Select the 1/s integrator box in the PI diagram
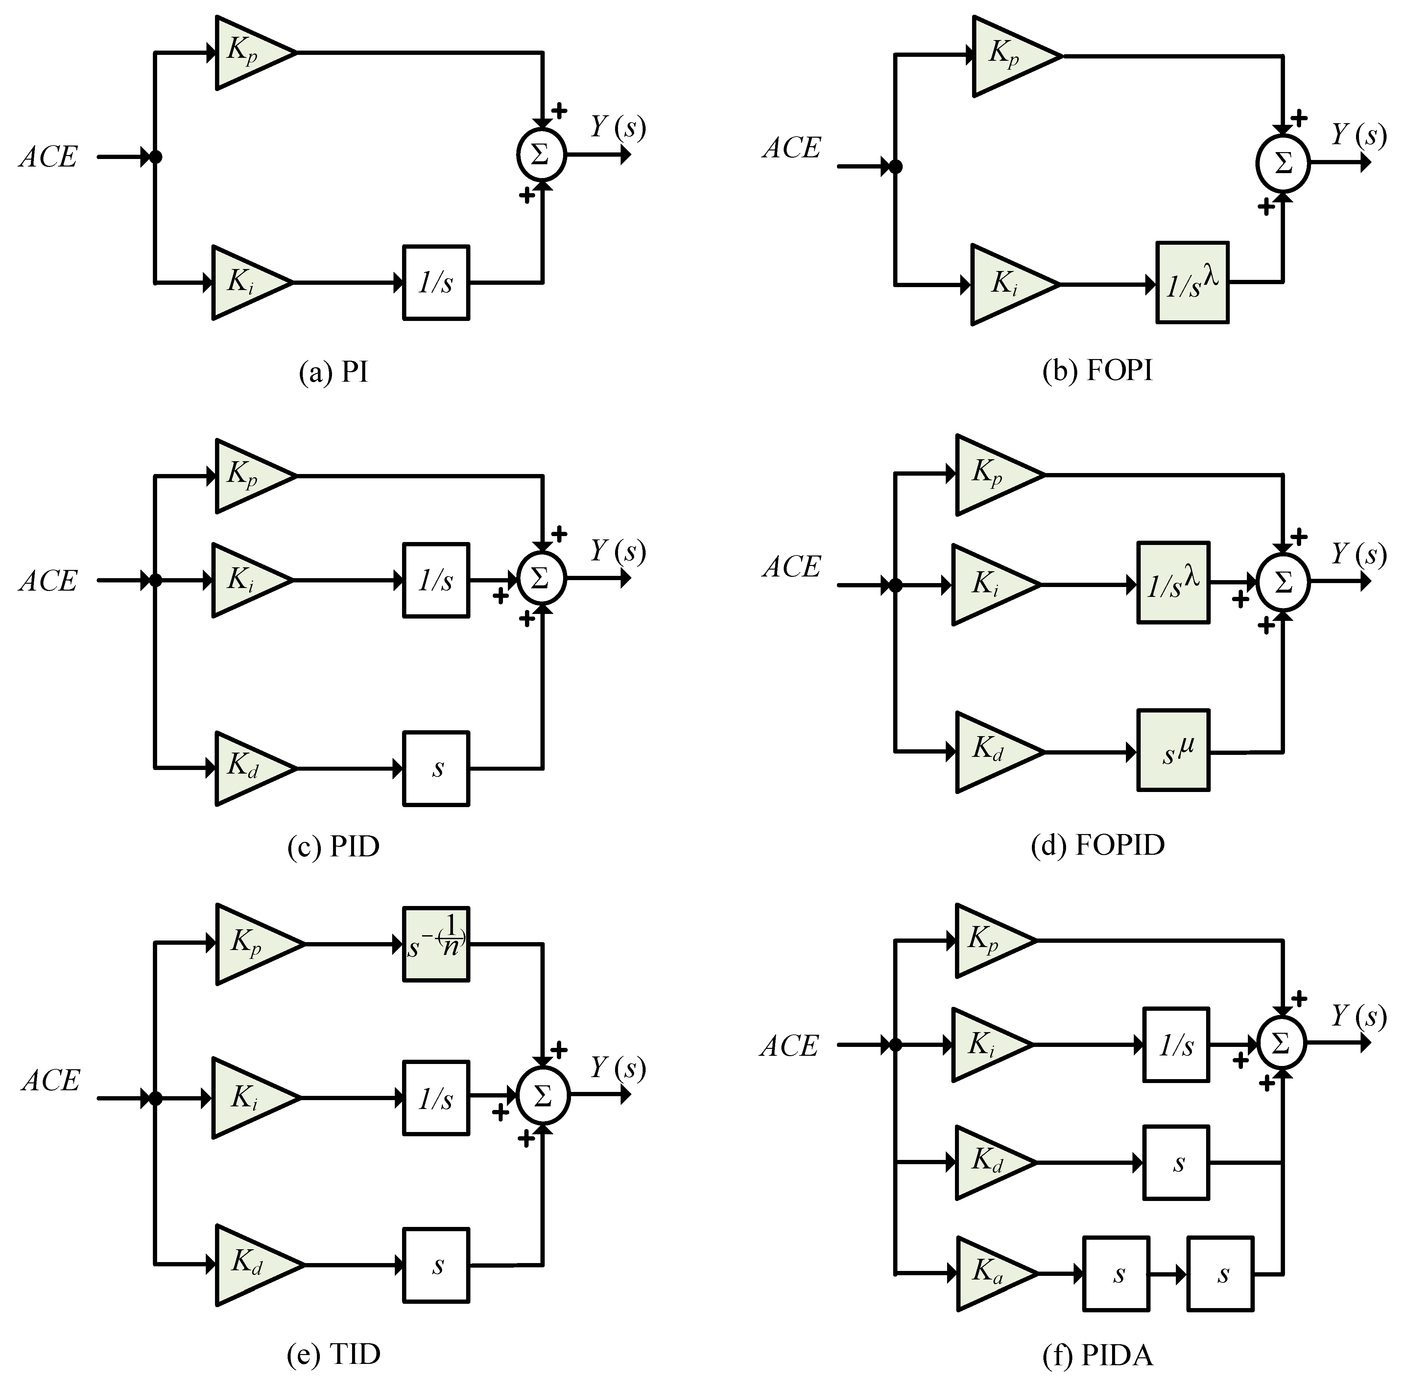[x=436, y=283]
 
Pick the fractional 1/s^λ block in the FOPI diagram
[x=1192, y=283]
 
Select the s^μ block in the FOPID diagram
[x=1173, y=749]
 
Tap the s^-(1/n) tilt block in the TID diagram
[x=436, y=944]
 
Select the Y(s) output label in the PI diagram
[x=617, y=127]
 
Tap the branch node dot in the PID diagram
[x=155, y=580]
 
